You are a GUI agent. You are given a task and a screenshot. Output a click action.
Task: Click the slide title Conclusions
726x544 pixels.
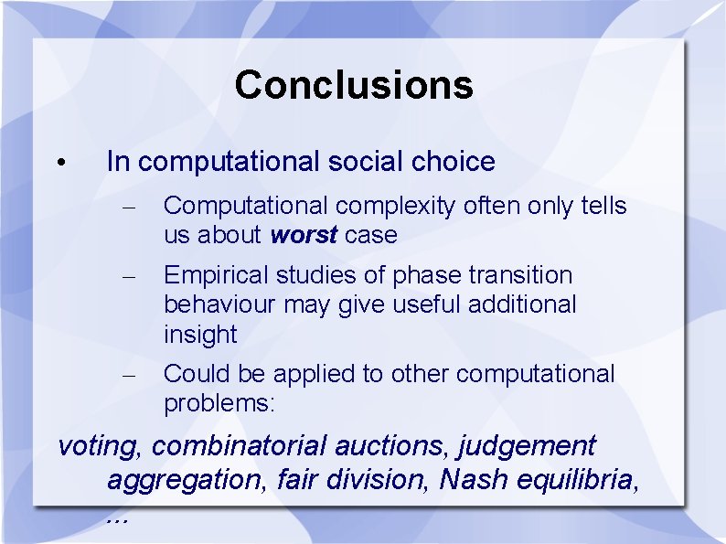(354, 85)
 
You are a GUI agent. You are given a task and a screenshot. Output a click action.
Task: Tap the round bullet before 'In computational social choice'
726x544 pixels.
(58, 164)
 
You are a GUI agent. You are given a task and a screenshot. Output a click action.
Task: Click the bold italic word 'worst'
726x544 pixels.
(304, 235)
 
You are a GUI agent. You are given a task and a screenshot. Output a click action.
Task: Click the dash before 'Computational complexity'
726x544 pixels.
(129, 208)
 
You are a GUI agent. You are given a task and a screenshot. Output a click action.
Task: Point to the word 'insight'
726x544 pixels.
(200, 335)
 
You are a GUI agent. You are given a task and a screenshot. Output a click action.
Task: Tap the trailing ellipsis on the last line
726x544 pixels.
(116, 519)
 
